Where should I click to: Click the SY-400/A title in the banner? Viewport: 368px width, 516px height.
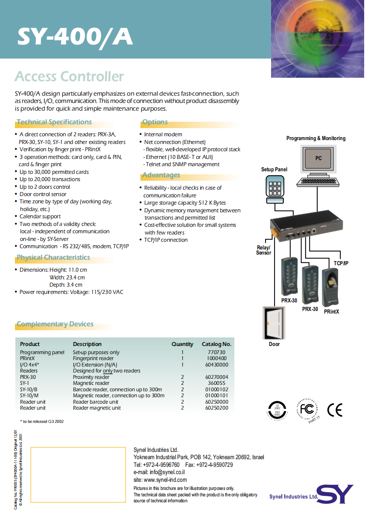click(75, 37)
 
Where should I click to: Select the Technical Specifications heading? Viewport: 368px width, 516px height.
click(54, 122)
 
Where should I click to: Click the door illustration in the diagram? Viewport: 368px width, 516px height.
click(274, 323)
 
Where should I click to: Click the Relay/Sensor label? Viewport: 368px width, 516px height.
click(263, 250)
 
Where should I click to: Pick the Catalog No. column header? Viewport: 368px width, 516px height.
click(216, 344)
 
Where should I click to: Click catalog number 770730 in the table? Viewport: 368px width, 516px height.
click(216, 352)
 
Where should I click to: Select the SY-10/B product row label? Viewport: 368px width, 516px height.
click(29, 390)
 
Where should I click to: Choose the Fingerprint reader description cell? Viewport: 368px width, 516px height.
click(93, 358)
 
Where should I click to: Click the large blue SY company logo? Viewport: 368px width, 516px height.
click(335, 494)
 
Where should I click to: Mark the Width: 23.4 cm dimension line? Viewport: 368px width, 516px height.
click(67, 277)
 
